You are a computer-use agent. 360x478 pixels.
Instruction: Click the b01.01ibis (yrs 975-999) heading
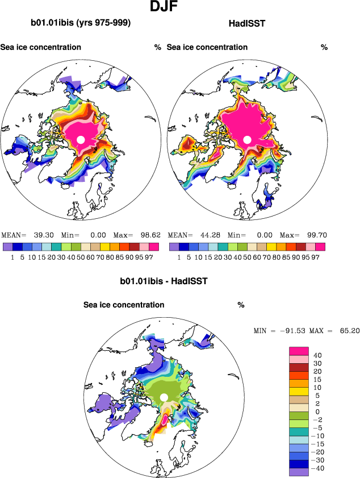click(81, 23)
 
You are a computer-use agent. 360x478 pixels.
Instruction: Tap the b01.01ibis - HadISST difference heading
click(164, 281)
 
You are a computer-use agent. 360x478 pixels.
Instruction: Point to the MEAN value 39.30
click(44, 235)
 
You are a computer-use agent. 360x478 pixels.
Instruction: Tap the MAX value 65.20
click(347, 330)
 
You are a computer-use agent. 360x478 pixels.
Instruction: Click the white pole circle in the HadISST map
click(247, 140)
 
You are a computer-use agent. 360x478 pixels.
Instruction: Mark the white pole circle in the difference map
click(164, 397)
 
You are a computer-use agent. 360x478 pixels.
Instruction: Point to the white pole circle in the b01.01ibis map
click(81, 140)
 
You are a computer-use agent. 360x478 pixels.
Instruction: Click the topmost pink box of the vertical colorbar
click(299, 351)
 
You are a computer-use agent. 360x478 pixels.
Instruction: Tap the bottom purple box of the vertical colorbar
click(299, 472)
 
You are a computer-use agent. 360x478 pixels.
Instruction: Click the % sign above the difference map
click(241, 305)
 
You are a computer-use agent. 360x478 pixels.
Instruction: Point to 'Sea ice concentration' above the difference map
click(124, 305)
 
